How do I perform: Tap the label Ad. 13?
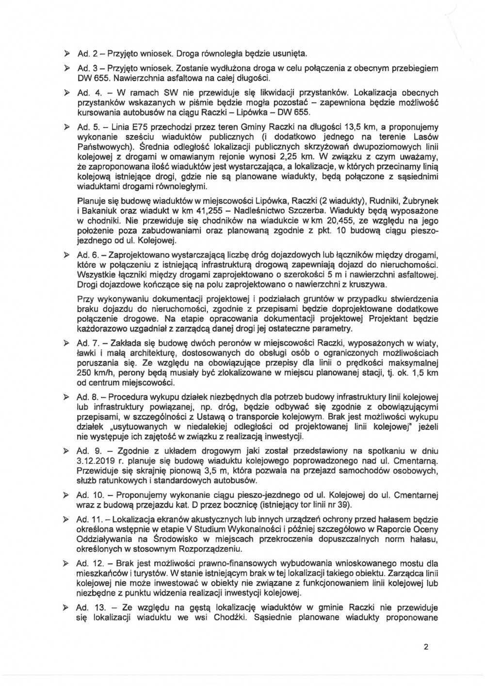coord(89,608)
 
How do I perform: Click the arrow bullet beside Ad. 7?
coord(67,343)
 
